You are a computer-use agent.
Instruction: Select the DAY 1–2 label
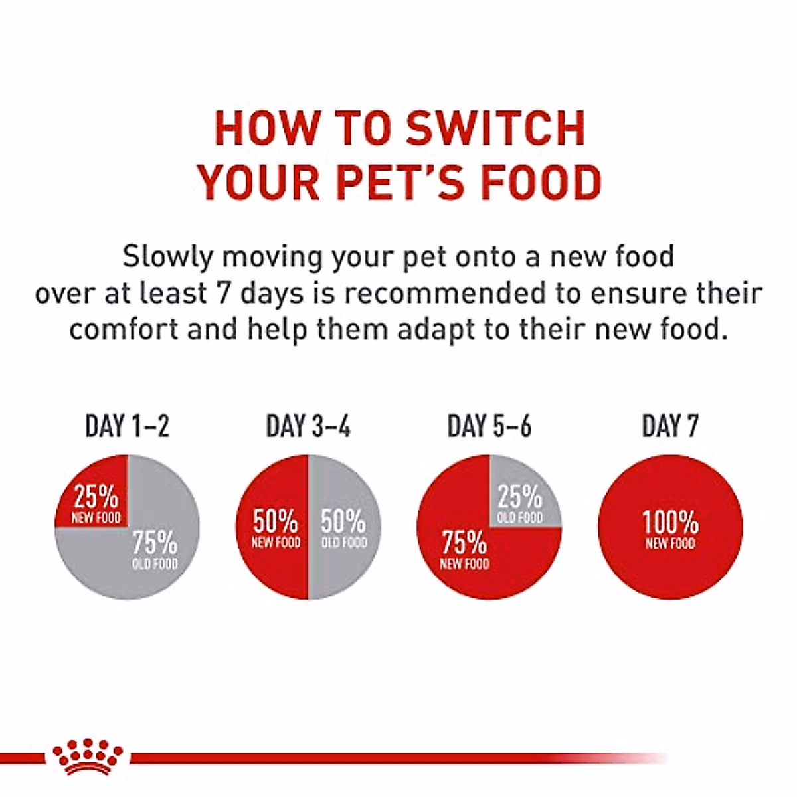(127, 426)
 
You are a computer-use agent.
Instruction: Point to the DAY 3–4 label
(308, 426)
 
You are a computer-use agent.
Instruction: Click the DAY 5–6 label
(489, 426)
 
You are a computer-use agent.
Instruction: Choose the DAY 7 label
(670, 426)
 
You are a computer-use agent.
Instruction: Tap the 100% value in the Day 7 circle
(670, 523)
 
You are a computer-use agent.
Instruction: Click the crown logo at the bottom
(88, 757)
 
